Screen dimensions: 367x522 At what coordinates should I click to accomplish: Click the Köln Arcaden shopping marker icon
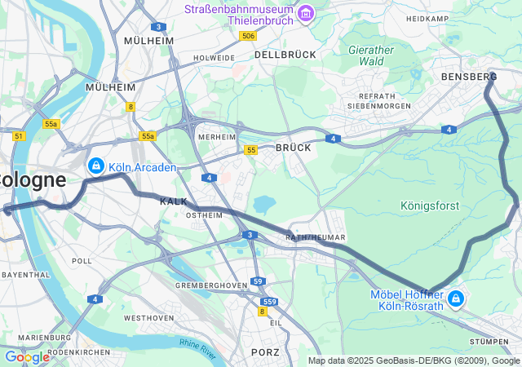click(96, 166)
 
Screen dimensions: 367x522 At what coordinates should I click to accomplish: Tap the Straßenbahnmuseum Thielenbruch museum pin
click(306, 13)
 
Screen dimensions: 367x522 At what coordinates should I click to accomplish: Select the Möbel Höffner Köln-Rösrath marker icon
click(456, 299)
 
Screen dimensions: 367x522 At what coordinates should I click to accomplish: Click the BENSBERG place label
click(462, 76)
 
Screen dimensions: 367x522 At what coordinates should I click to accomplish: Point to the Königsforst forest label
click(430, 206)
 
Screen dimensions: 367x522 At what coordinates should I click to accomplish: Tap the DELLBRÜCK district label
click(285, 54)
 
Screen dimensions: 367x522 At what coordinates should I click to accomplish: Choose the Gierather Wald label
click(371, 55)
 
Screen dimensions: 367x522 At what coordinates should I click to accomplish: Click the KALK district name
click(174, 201)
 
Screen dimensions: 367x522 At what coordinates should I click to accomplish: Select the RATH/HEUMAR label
click(316, 237)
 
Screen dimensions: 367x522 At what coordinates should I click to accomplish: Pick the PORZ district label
click(265, 352)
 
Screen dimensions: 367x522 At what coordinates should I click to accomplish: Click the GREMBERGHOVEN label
click(211, 285)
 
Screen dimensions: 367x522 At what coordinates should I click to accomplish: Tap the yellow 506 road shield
click(249, 36)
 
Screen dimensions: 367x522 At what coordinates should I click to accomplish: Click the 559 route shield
click(270, 302)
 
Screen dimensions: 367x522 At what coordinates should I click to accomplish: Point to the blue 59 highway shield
click(258, 281)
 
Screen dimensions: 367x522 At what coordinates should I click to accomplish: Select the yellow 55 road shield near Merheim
click(251, 149)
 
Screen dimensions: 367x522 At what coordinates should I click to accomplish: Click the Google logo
click(27, 356)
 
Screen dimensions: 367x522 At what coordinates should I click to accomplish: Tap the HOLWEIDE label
click(214, 58)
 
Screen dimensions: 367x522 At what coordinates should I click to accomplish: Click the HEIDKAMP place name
click(427, 18)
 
